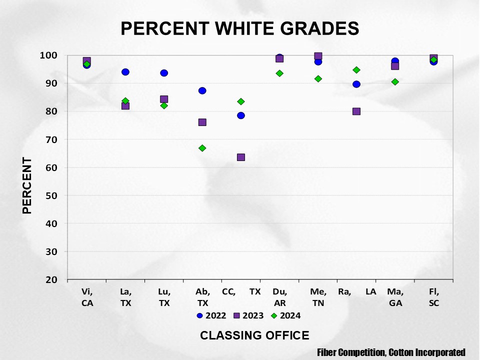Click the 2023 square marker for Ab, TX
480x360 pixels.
pyautogui.click(x=202, y=122)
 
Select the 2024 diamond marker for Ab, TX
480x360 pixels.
pyautogui.click(x=202, y=148)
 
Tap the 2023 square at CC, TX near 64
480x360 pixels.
pyautogui.click(x=241, y=157)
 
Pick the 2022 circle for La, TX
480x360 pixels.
pyautogui.click(x=125, y=72)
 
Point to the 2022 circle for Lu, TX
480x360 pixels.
pyautogui.click(x=164, y=73)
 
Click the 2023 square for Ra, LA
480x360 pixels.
pyautogui.click(x=356, y=111)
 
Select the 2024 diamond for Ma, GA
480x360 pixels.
pyautogui.click(x=395, y=81)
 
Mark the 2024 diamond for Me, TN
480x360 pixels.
pyautogui.click(x=318, y=79)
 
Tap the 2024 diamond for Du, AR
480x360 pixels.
pyautogui.click(x=279, y=73)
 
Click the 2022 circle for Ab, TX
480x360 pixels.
pyautogui.click(x=202, y=90)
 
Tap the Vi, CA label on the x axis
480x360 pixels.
pyautogui.click(x=87, y=297)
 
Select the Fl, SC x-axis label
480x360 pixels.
pyautogui.click(x=433, y=297)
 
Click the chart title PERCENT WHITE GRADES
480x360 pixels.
pyautogui.click(x=240, y=28)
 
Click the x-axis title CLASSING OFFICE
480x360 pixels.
pyautogui.click(x=254, y=335)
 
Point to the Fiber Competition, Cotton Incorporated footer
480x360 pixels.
pyautogui.click(x=391, y=352)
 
